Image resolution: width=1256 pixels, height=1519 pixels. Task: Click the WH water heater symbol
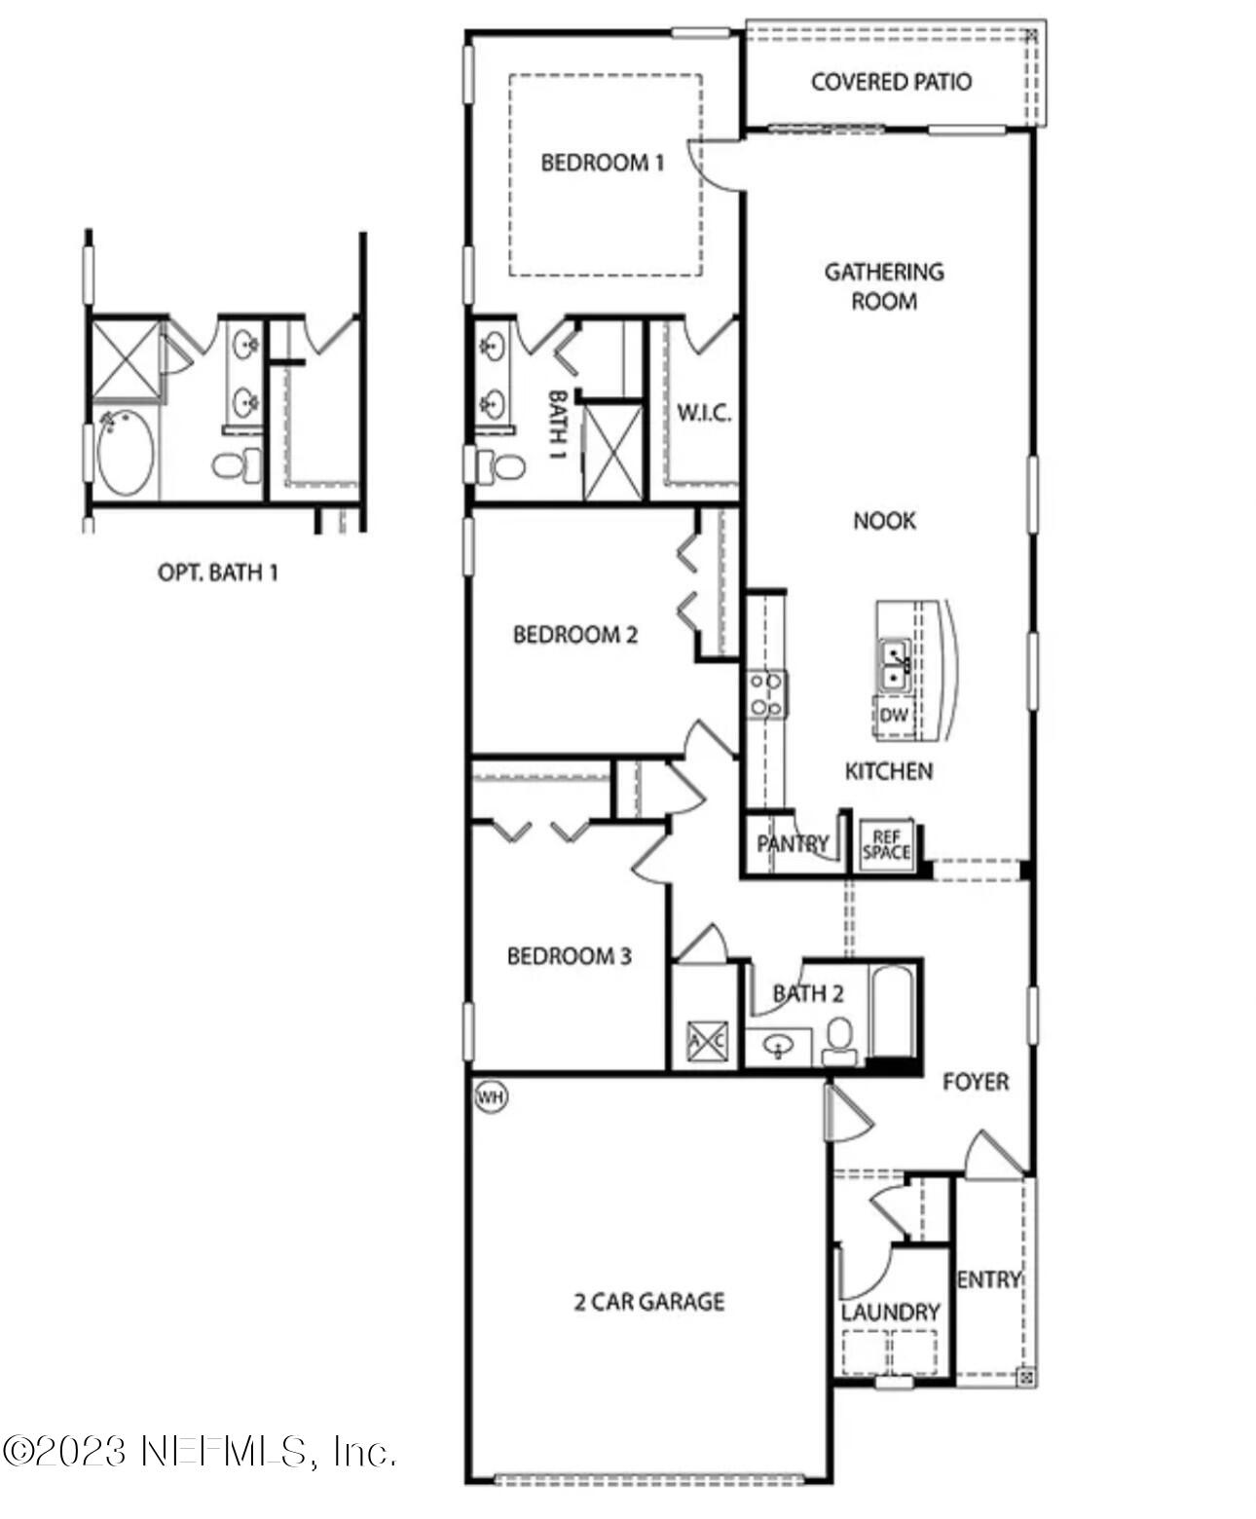click(x=491, y=1096)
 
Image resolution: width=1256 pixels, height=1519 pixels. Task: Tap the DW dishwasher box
click(x=893, y=715)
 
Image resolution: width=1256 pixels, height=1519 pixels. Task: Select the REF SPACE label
click(x=886, y=845)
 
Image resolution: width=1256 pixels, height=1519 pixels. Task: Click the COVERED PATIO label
click(x=891, y=82)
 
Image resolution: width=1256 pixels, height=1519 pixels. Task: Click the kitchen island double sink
click(x=894, y=663)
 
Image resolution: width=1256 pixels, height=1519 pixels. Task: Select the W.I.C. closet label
click(x=703, y=413)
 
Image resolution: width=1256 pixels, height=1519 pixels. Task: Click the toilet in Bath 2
click(x=838, y=1040)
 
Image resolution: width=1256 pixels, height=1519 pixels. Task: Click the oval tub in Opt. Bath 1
click(x=125, y=453)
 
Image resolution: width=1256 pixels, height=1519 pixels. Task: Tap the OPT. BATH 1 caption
click(x=218, y=573)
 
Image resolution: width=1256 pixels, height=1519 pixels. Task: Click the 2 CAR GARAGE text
click(x=648, y=1302)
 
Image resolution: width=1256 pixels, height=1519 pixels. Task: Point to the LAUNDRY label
click(x=890, y=1312)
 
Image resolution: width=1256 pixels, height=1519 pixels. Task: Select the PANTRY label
click(x=793, y=843)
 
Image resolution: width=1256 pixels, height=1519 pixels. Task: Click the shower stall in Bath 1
click(x=612, y=453)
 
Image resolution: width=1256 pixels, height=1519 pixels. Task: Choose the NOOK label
click(x=884, y=521)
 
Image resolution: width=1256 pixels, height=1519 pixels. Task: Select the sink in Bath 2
click(x=778, y=1047)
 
